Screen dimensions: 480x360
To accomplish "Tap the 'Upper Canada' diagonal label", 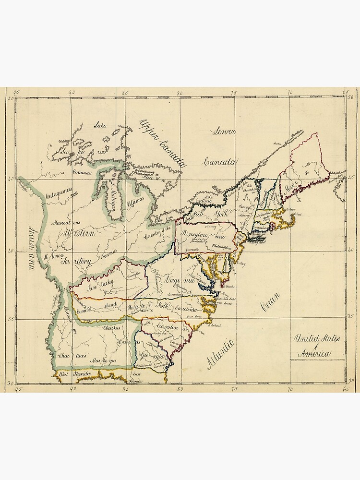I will [162, 143].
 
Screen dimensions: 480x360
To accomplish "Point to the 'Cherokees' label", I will [111, 328].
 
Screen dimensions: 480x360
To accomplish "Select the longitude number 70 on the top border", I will [290, 92].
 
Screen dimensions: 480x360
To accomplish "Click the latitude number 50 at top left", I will [11, 98].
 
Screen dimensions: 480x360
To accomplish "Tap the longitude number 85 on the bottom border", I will [125, 389].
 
